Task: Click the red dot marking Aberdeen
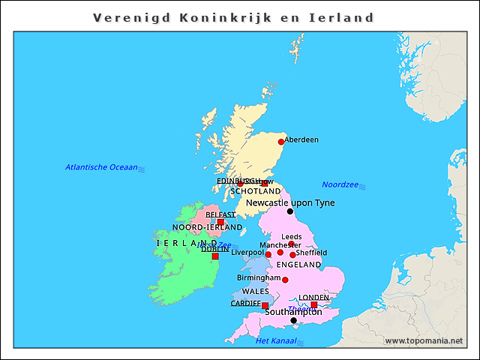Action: pyautogui.click(x=281, y=142)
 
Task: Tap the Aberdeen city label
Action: pyautogui.click(x=301, y=139)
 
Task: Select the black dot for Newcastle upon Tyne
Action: pyautogui.click(x=290, y=211)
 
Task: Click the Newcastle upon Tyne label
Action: pyautogui.click(x=290, y=202)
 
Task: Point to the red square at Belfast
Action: pyautogui.click(x=220, y=222)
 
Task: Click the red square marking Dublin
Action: pyautogui.click(x=215, y=256)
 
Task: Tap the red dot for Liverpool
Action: pyautogui.click(x=268, y=254)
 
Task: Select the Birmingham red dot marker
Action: pyautogui.click(x=285, y=280)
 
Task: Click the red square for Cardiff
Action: pyautogui.click(x=265, y=305)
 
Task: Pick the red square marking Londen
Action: pyautogui.click(x=314, y=304)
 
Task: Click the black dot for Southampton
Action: pyautogui.click(x=293, y=320)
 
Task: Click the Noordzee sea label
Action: pyautogui.click(x=340, y=184)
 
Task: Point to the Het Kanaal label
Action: pyautogui.click(x=272, y=341)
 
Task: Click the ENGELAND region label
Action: pyautogui.click(x=298, y=265)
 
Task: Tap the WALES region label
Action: pyautogui.click(x=255, y=291)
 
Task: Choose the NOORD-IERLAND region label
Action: pyautogui.click(x=207, y=227)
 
